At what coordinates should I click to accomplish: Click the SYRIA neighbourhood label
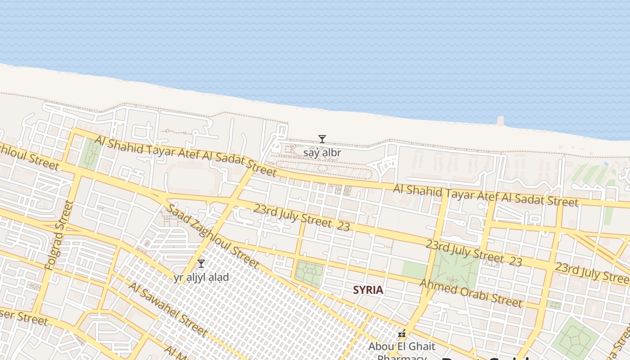pyautogui.click(x=368, y=290)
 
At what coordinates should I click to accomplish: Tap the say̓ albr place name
pyautogui.click(x=322, y=153)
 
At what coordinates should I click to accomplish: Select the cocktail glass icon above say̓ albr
pyautogui.click(x=322, y=139)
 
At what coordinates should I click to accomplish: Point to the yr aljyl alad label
pyautogui.click(x=201, y=277)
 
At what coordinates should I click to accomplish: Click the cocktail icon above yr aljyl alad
pyautogui.click(x=201, y=264)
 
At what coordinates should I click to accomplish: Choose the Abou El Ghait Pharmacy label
pyautogui.click(x=402, y=346)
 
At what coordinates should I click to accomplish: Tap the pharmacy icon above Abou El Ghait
pyautogui.click(x=402, y=334)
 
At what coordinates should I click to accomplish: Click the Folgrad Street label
pyautogui.click(x=59, y=236)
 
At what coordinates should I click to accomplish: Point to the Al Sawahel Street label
pyautogui.click(x=167, y=309)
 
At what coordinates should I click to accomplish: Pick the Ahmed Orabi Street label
pyautogui.click(x=471, y=293)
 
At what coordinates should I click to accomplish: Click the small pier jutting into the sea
pyautogui.click(x=501, y=121)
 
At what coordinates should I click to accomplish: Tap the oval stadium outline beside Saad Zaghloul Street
pyautogui.click(x=193, y=180)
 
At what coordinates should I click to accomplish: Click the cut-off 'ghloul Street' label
pyautogui.click(x=29, y=157)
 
